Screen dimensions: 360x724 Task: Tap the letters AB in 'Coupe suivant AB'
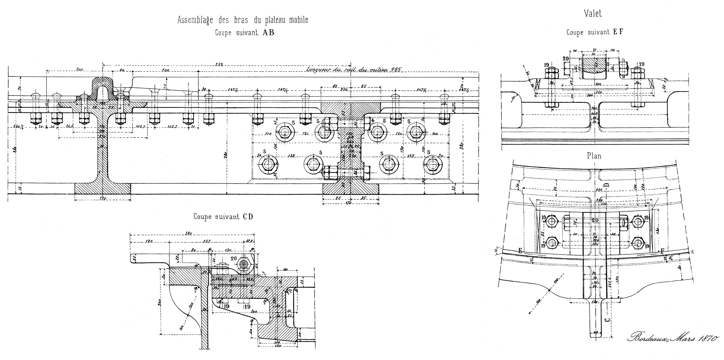268,33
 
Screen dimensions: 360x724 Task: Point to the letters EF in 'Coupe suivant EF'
618,32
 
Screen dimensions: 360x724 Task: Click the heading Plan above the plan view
594,156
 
